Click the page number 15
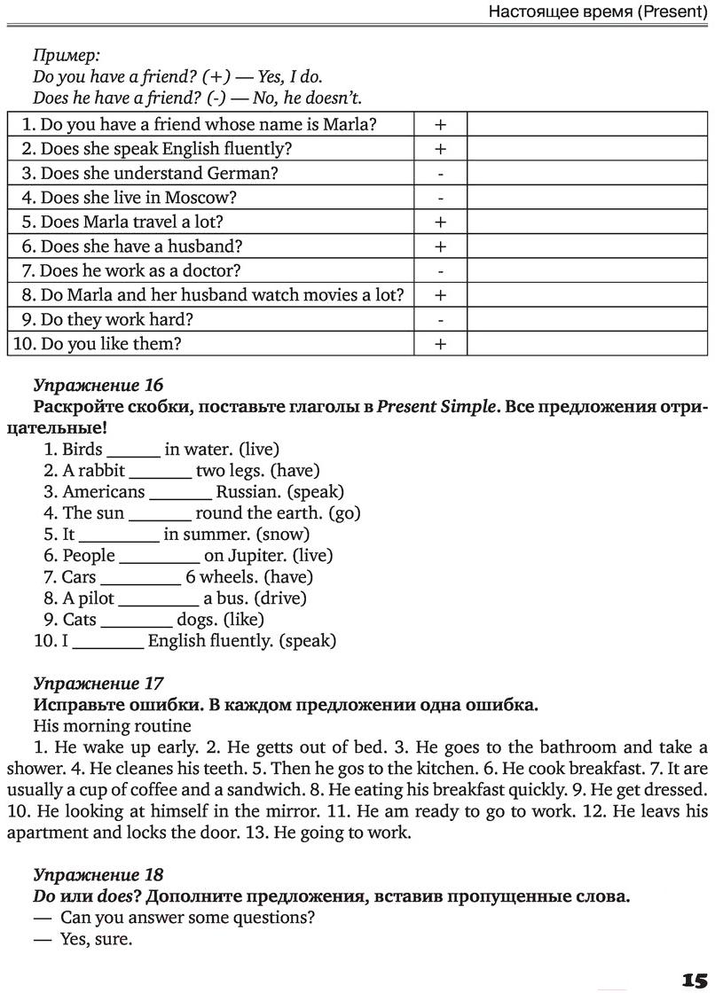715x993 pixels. pos(694,978)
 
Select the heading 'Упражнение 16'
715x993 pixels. pos(98,385)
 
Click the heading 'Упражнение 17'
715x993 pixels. pos(98,684)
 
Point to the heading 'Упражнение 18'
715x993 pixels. pos(98,874)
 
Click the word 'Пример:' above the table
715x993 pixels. pos(67,55)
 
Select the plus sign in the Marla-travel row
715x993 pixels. pos(440,222)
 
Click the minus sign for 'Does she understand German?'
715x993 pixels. pos(440,174)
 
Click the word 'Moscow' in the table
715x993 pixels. pos(208,198)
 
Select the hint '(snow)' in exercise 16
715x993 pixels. pos(283,535)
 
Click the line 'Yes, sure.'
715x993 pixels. pos(96,939)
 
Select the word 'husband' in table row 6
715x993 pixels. pos(210,246)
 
